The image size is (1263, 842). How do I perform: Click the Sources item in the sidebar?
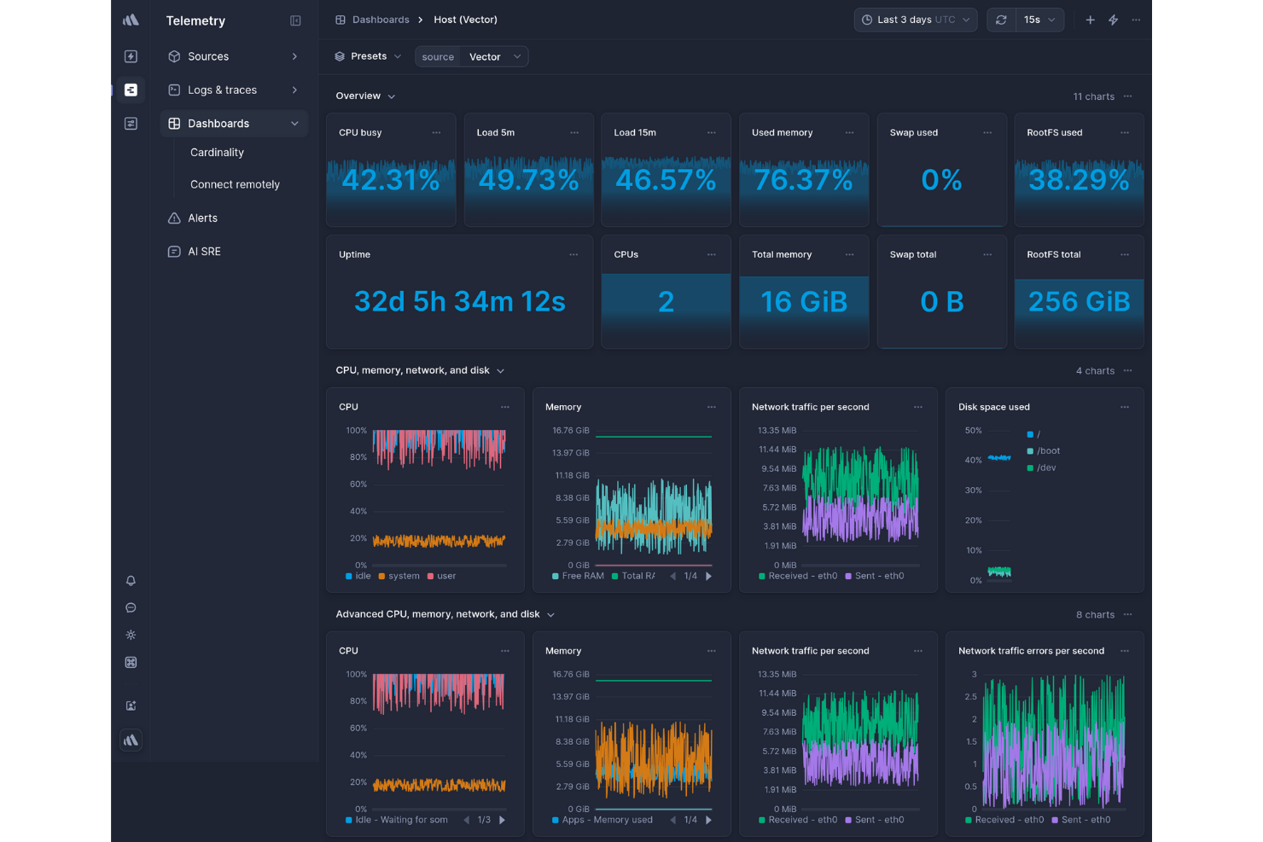point(208,56)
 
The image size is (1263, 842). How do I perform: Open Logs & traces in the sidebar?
point(222,90)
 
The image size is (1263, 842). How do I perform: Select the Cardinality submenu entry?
point(217,153)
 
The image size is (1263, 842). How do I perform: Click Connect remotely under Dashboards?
point(235,184)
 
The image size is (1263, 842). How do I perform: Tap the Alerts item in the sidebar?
point(202,218)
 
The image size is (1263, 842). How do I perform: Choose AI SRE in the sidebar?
point(204,252)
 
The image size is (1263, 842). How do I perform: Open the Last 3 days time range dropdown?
point(915,20)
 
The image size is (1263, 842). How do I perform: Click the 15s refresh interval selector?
point(1039,20)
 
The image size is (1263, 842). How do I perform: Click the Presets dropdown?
point(368,56)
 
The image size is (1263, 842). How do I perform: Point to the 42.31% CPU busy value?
point(390,180)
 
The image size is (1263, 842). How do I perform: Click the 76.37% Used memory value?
point(803,180)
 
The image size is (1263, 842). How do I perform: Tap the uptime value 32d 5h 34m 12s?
point(459,302)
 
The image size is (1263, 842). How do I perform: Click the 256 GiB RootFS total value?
point(1079,302)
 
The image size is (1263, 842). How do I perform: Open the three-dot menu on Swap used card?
point(987,133)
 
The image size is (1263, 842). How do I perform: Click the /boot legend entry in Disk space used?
point(1048,451)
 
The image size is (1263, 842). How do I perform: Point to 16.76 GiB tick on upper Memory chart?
point(570,431)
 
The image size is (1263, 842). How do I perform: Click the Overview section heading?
point(358,96)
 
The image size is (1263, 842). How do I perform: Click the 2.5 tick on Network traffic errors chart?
point(970,697)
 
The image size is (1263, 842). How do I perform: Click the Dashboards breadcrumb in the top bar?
point(381,20)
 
